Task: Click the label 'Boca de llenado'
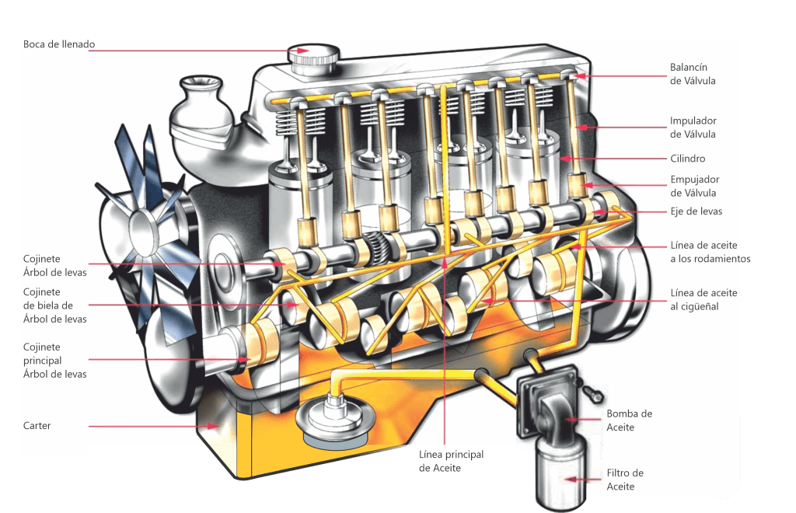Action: point(59,44)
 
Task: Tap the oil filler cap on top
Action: point(313,59)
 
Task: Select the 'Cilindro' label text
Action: point(687,159)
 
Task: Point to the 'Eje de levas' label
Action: point(696,211)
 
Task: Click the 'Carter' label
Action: point(37,426)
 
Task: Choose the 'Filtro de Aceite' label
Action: point(625,480)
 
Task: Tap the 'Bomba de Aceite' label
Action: point(629,421)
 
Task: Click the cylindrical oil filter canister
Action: point(561,474)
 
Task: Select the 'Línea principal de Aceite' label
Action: point(451,461)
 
